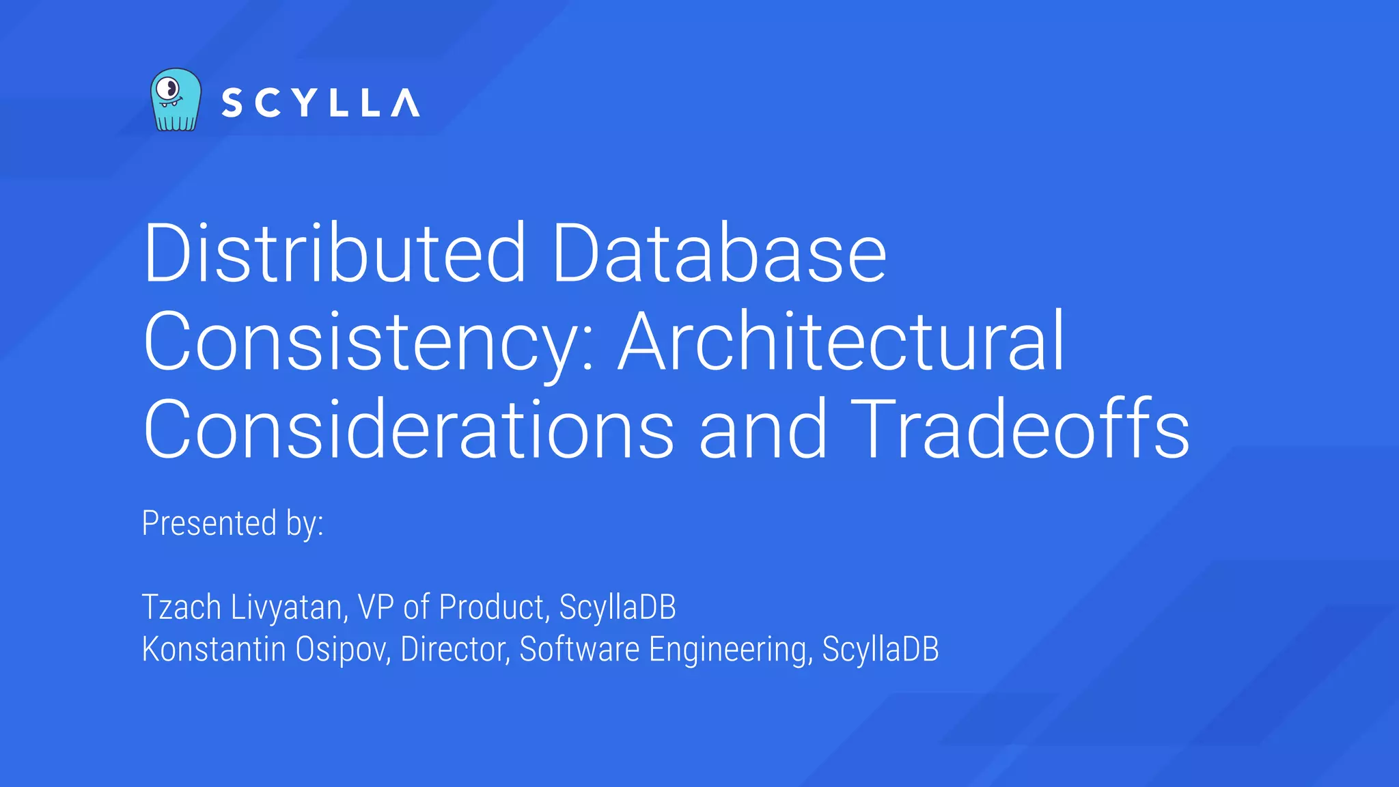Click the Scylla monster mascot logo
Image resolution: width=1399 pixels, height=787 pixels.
(x=176, y=100)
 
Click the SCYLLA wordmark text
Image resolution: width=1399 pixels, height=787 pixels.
(x=320, y=103)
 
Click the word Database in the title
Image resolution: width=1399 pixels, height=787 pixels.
(x=719, y=252)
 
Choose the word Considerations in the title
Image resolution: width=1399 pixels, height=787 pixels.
(x=408, y=428)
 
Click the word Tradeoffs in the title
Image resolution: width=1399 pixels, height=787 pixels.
(x=1020, y=428)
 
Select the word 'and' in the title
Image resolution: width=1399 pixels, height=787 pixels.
(x=763, y=428)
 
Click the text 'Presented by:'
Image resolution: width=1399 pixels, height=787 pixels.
(x=232, y=523)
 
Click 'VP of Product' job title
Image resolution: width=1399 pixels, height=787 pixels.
(x=451, y=607)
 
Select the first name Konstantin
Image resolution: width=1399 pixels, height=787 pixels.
(x=214, y=649)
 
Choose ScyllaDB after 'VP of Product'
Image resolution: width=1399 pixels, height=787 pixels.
(x=618, y=607)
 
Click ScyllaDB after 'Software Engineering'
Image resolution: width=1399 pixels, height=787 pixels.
(x=881, y=649)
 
